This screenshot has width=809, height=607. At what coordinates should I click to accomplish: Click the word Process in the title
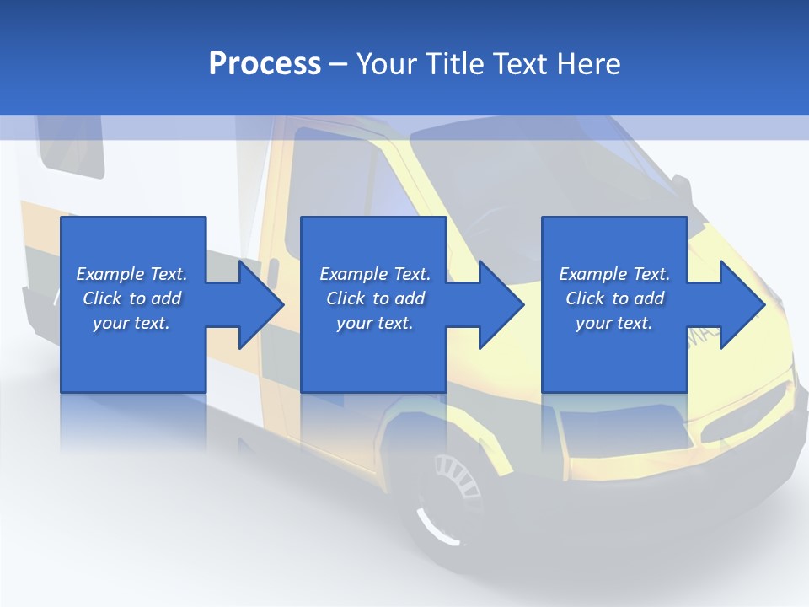265,64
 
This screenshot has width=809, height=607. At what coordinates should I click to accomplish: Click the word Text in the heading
522,64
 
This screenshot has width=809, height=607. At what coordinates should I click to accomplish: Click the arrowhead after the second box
500,304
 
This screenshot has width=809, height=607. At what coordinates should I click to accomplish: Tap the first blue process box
133,354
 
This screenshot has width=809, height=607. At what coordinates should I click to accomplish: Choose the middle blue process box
373,354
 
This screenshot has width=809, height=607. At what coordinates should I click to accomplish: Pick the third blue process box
614,354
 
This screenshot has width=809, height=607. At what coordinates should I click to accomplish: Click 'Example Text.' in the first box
131,274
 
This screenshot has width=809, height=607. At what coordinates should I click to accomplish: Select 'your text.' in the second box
374,323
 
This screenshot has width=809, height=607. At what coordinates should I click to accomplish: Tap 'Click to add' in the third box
614,298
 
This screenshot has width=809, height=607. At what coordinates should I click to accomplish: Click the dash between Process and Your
338,64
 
